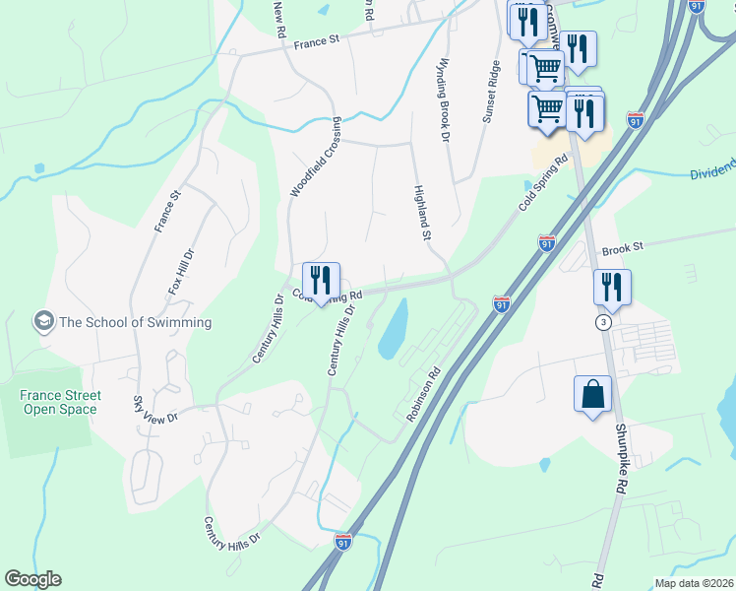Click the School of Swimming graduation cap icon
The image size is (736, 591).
tap(43, 321)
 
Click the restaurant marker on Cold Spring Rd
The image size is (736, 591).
tap(321, 280)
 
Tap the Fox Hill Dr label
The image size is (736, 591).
tap(176, 272)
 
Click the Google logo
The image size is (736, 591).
tap(32, 579)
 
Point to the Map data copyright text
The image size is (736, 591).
tap(694, 583)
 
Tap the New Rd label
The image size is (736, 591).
tap(278, 13)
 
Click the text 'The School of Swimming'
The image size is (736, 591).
tap(135, 322)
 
